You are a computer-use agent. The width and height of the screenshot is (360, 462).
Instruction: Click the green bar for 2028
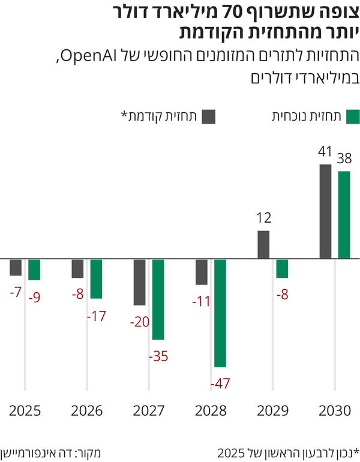click(220, 313)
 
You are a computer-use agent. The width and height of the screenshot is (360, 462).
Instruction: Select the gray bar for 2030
click(325, 211)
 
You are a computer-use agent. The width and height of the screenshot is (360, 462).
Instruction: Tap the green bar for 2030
click(344, 215)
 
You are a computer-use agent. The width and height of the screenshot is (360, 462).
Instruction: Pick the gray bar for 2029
click(263, 245)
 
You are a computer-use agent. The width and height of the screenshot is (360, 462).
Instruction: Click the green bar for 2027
click(158, 299)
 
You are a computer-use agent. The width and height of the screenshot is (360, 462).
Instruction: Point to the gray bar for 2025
click(16, 267)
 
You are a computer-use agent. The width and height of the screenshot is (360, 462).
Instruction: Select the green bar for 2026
click(96, 278)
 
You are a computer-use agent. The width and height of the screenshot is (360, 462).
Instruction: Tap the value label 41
click(325, 153)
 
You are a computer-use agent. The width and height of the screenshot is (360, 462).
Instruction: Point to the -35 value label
click(158, 356)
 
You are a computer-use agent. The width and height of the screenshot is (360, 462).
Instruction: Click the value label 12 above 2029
click(263, 219)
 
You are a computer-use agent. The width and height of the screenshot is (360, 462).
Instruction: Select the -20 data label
click(139, 322)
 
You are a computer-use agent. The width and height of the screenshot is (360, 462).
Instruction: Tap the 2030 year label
click(334, 411)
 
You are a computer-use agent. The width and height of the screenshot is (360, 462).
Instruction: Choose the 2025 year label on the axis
click(25, 411)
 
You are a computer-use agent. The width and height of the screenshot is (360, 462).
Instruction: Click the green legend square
click(353, 116)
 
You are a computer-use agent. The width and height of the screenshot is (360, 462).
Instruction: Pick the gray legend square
click(208, 116)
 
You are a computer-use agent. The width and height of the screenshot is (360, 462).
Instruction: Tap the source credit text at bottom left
click(49, 451)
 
